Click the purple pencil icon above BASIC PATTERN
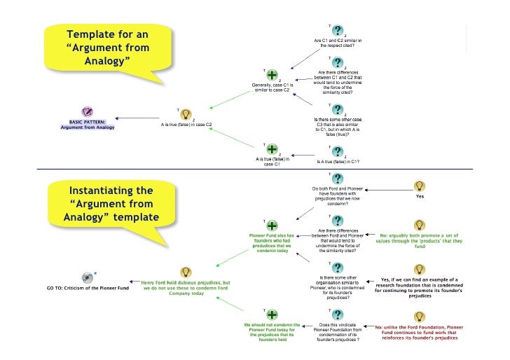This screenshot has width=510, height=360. click(x=87, y=112)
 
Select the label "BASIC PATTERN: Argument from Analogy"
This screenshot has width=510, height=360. click(x=88, y=125)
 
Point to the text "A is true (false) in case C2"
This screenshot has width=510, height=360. click(x=186, y=124)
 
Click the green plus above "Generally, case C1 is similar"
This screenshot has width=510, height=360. click(x=272, y=74)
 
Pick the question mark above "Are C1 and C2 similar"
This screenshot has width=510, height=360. click(x=338, y=32)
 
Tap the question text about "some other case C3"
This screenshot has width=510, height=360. click(x=338, y=127)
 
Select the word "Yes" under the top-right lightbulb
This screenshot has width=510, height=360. click(x=420, y=197)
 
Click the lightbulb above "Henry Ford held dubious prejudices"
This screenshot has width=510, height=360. click(x=186, y=272)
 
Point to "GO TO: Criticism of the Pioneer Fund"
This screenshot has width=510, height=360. click(x=87, y=288)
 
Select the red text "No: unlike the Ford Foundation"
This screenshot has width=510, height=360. click(x=420, y=332)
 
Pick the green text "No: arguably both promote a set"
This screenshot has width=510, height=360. click(x=420, y=241)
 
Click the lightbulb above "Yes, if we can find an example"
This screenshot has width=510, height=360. click(x=419, y=270)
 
